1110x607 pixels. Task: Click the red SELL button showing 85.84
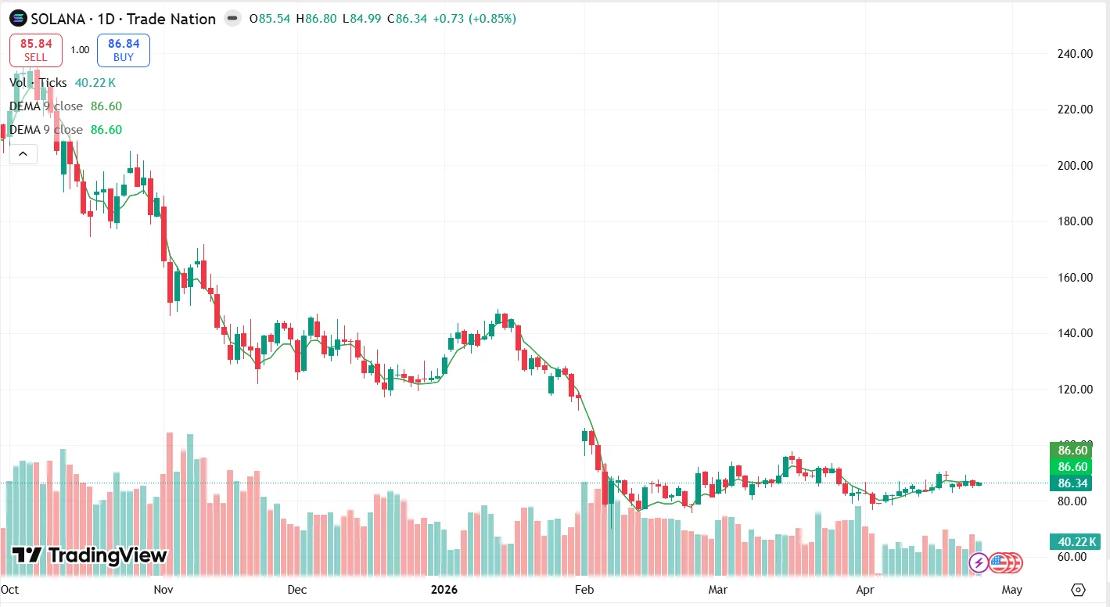tap(35, 50)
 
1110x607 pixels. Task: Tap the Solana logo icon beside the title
tap(17, 19)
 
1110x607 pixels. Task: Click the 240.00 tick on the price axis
tap(1075, 54)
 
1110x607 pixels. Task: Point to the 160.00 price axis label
tap(1075, 278)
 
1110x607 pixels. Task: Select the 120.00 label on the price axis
tap(1075, 390)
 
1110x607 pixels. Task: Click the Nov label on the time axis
tap(163, 589)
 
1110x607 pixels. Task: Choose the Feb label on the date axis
tap(584, 589)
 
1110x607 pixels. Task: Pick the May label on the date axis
tap(1011, 589)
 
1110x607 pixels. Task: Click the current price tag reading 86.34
tap(1072, 483)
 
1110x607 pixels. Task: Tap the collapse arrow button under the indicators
tap(23, 154)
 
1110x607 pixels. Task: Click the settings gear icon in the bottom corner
tap(1079, 590)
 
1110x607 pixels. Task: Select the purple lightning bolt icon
tap(978, 562)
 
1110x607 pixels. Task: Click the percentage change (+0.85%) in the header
tap(492, 19)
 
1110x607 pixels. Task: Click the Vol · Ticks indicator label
tap(38, 83)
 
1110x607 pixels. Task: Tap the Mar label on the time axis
tap(717, 589)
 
